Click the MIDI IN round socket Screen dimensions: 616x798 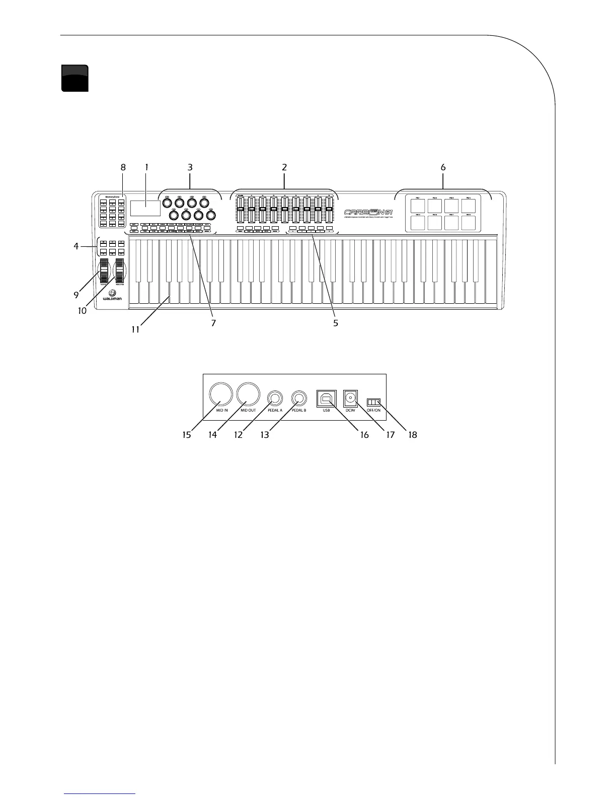[x=221, y=393]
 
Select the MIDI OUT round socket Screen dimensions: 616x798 [x=249, y=393]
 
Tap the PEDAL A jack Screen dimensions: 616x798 [x=275, y=398]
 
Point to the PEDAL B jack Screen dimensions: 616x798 [x=300, y=398]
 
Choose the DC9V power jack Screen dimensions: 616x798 [x=350, y=398]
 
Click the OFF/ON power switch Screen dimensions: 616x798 [x=374, y=402]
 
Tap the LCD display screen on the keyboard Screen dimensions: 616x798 [x=145, y=208]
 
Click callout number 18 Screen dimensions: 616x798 [x=413, y=434]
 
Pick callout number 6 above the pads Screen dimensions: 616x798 [x=443, y=167]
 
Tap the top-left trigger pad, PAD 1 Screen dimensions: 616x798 [x=418, y=206]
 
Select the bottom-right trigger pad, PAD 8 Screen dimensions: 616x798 [x=469, y=223]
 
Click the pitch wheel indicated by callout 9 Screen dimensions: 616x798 [x=104, y=272]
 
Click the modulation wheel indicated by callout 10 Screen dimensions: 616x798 [x=120, y=272]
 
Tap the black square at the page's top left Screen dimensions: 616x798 [x=74, y=78]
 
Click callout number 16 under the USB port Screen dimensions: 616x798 [x=363, y=434]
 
